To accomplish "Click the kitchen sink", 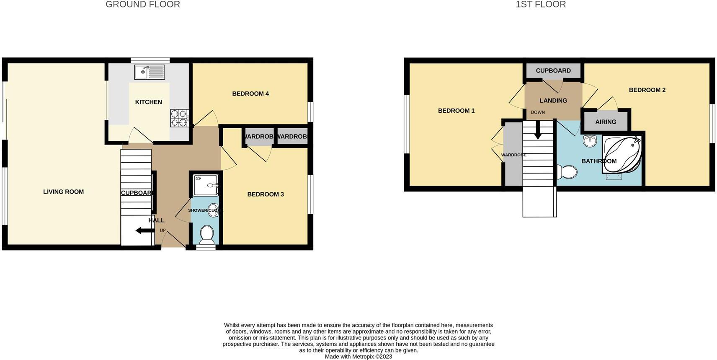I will coord(150,72).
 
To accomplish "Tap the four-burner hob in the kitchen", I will coord(179,118).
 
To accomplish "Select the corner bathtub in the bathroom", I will coord(622,155).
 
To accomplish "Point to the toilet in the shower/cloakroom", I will coord(207,235).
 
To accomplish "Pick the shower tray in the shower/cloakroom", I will coord(206,185).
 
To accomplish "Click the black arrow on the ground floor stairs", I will coord(144,231).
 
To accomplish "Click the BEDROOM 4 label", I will coord(250,94).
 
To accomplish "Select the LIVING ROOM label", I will coord(63,192).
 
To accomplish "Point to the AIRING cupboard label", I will coord(606,122).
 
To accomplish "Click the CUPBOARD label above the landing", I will coord(553,71).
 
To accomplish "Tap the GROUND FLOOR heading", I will coord(143,5).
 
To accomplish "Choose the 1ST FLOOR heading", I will coord(541,5).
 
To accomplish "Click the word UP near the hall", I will coord(162,231).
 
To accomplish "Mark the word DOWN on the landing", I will coord(538,112).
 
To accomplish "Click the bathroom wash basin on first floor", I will coord(590,141).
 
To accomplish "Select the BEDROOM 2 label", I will coord(647,90).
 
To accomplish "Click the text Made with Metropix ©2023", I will coord(358,357).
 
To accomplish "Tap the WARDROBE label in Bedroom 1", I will coord(513,155).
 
